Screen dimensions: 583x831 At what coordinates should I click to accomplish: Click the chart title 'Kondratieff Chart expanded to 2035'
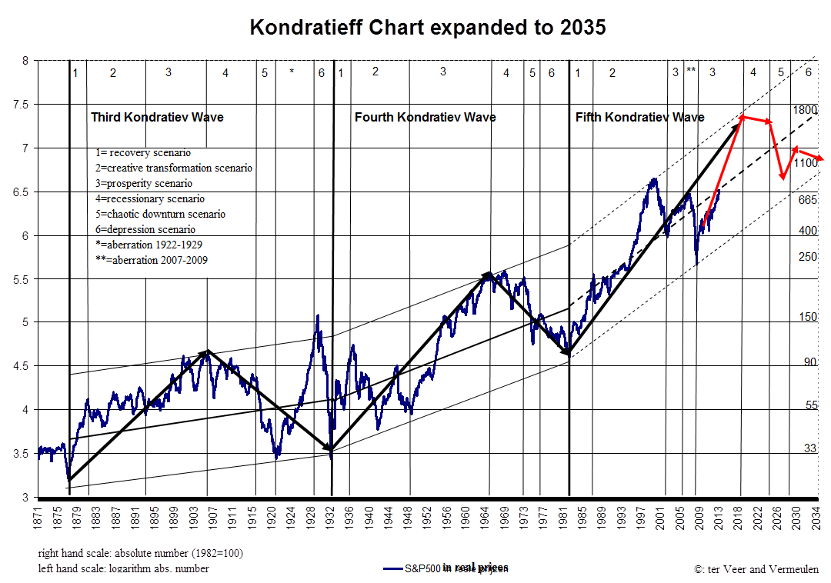pyautogui.click(x=428, y=28)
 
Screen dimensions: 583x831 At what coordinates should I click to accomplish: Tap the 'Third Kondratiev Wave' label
pyautogui.click(x=157, y=117)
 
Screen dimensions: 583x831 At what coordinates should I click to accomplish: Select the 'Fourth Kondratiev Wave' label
pyautogui.click(x=425, y=117)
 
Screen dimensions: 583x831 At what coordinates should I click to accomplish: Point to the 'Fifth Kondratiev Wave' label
pyautogui.click(x=639, y=117)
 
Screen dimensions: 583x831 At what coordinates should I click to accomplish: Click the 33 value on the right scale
pyautogui.click(x=809, y=448)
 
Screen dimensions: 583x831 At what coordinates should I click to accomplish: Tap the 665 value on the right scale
pyautogui.click(x=807, y=200)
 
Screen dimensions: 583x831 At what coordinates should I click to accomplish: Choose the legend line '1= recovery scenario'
pyautogui.click(x=143, y=152)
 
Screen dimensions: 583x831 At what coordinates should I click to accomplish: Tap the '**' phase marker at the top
pyautogui.click(x=691, y=72)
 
